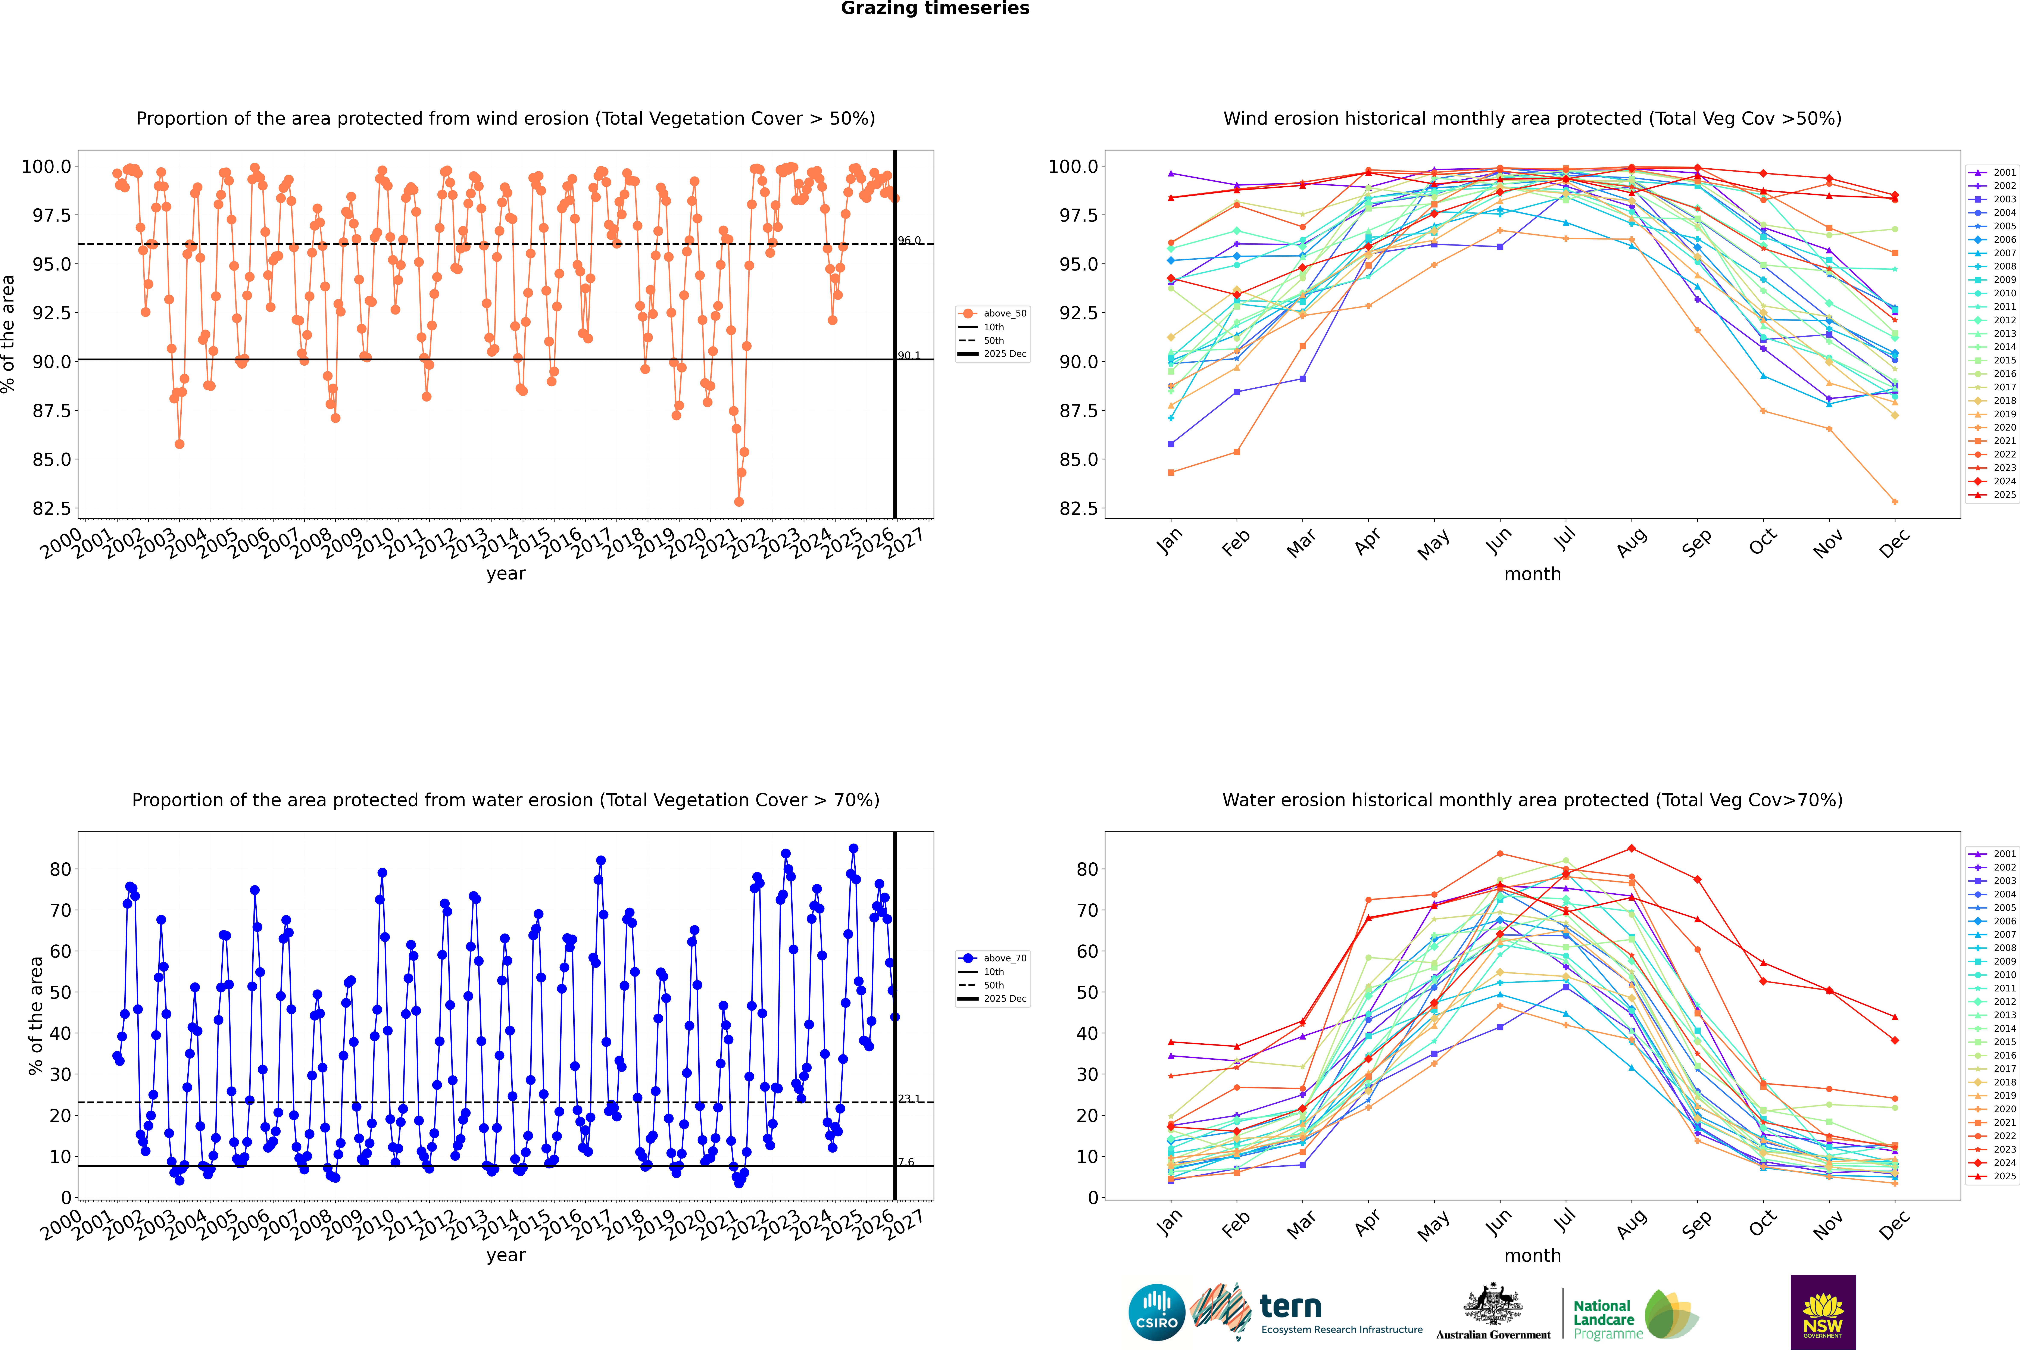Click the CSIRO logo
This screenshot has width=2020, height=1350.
pos(1156,1312)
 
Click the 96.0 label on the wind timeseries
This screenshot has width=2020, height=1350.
pos(909,240)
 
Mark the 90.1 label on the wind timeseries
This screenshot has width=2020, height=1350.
pos(909,356)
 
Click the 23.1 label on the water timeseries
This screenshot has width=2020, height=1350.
pos(909,1099)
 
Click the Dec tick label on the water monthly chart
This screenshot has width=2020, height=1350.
pos(1894,1224)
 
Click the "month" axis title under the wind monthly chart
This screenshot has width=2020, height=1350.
pos(1532,574)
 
